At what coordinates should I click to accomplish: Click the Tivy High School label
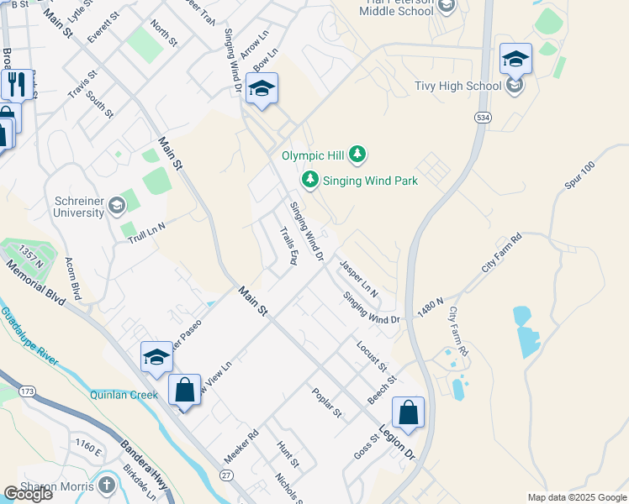tap(458, 86)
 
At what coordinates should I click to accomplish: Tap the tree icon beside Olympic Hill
tap(358, 154)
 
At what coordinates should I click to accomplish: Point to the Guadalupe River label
tap(29, 336)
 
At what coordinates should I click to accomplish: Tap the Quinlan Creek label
tap(125, 394)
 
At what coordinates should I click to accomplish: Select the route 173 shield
tap(28, 391)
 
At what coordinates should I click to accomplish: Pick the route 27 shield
tap(226, 475)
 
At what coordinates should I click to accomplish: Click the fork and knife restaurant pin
tap(15, 84)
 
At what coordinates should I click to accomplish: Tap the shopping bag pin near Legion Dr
tap(408, 413)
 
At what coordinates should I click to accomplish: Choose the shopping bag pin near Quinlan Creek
tap(184, 391)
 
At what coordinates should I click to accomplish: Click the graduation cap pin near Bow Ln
tap(262, 89)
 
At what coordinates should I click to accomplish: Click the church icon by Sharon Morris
tap(106, 486)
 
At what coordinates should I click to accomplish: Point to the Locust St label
tap(370, 356)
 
